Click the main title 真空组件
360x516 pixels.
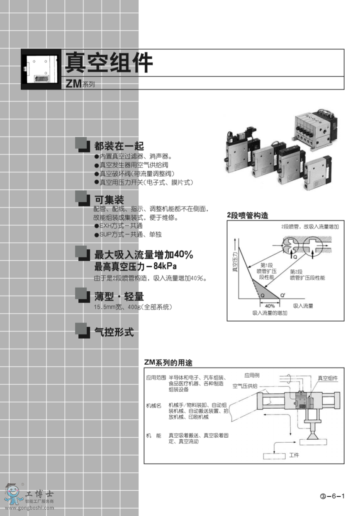[x=109, y=63]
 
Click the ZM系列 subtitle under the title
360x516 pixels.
[x=80, y=84]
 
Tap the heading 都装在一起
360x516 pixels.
[x=119, y=146]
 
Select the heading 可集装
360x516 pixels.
[x=109, y=200]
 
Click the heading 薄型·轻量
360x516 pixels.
[x=119, y=296]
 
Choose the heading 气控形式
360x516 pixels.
[x=114, y=332]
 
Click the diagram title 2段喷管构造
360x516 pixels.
[x=247, y=216]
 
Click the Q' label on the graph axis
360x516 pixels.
[x=282, y=295]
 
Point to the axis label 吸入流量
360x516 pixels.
[x=303, y=306]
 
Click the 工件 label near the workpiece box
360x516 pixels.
[x=294, y=455]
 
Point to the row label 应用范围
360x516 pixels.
[x=156, y=378]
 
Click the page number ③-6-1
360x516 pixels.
[x=332, y=496]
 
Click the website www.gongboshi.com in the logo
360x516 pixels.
[x=29, y=508]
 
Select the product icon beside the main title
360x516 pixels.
[x=41, y=69]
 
